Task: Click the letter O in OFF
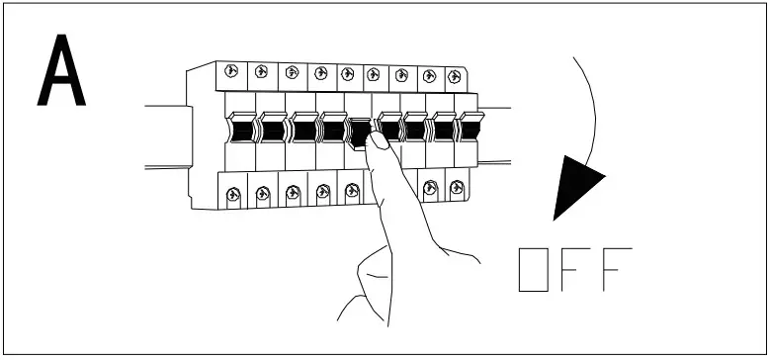point(534,269)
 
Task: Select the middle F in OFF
point(576,269)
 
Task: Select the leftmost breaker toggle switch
point(242,128)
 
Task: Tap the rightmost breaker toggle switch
point(471,127)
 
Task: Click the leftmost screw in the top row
point(230,70)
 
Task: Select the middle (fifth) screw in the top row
point(347,72)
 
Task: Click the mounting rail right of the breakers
point(494,134)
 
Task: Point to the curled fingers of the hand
point(371,277)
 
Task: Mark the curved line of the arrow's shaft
point(591,109)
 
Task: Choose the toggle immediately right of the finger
point(391,128)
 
